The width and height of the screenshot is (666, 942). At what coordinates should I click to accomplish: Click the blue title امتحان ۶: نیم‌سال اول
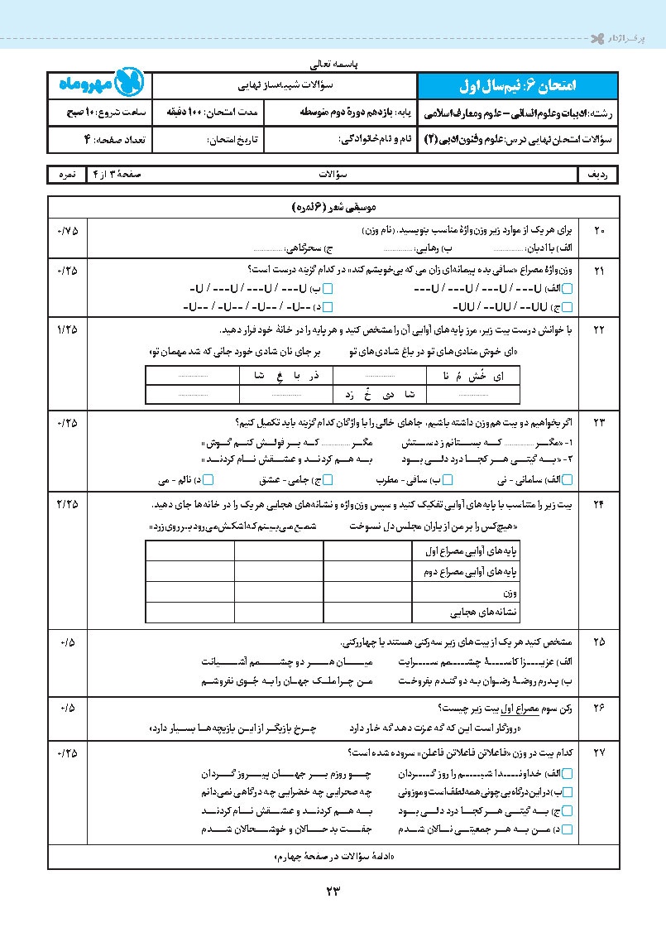(x=519, y=84)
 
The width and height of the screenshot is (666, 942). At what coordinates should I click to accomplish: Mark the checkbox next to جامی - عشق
(x=328, y=479)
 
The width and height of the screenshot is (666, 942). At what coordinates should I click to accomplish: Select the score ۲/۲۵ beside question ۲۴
(x=67, y=504)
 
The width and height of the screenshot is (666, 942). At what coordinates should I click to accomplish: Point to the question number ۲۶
(x=599, y=709)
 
